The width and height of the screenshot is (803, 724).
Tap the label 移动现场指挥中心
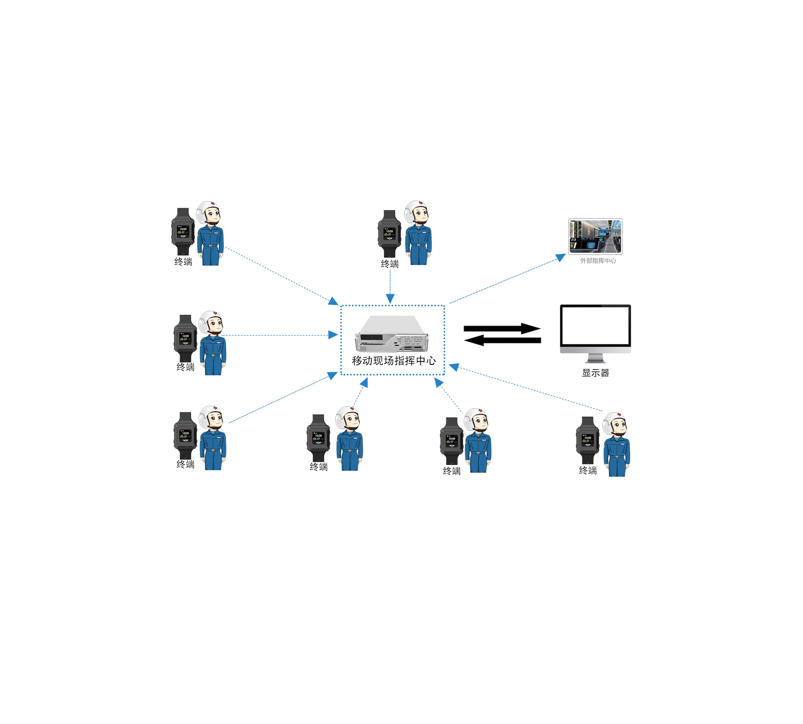(x=393, y=360)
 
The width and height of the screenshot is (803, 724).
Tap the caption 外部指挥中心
(x=597, y=261)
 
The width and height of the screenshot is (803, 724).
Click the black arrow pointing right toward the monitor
(x=502, y=328)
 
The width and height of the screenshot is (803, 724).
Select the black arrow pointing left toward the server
(x=502, y=340)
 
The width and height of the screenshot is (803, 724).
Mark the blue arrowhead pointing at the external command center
(x=561, y=257)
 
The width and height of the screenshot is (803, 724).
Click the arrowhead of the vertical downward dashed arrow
(x=390, y=298)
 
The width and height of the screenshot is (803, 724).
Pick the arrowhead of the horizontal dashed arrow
(x=333, y=335)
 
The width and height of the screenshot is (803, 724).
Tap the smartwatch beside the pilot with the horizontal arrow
(x=185, y=338)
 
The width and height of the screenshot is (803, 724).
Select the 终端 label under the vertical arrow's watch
(x=389, y=264)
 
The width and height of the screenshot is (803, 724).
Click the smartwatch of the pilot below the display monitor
(x=587, y=440)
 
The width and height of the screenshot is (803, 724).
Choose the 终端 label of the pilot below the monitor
(x=587, y=471)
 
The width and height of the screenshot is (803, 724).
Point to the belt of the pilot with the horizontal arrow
(x=213, y=355)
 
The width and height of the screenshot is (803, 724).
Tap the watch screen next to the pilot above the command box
(x=389, y=234)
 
